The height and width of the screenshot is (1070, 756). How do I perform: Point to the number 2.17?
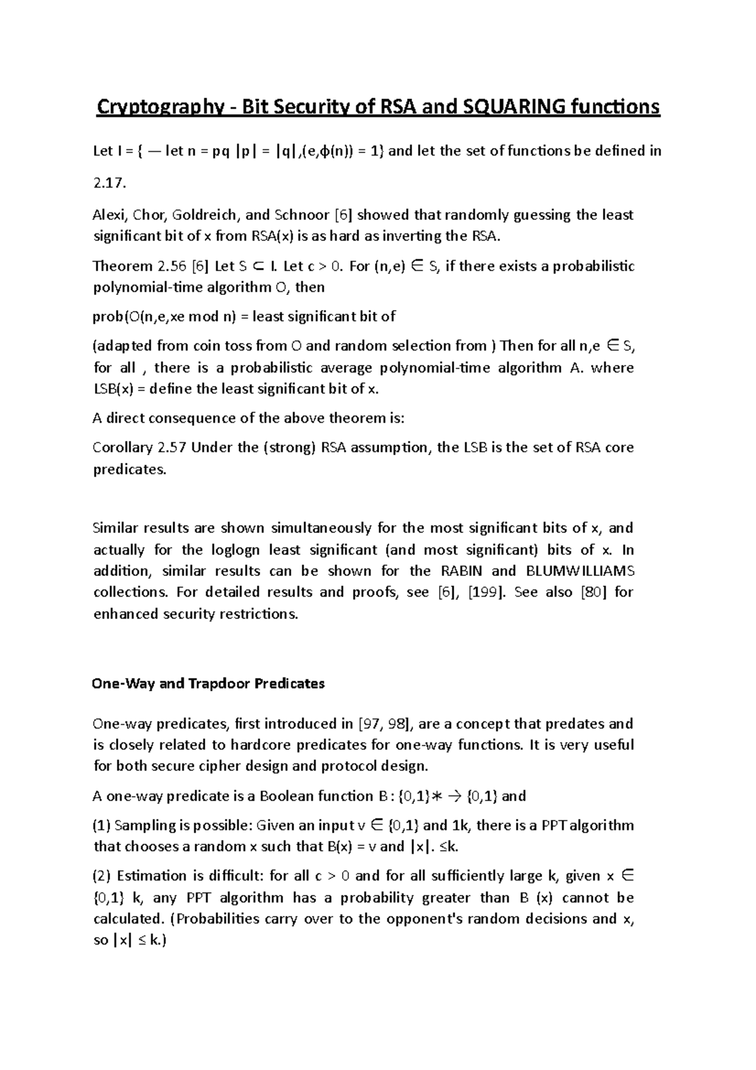[109, 183]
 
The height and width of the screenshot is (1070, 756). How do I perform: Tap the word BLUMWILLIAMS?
[578, 571]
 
